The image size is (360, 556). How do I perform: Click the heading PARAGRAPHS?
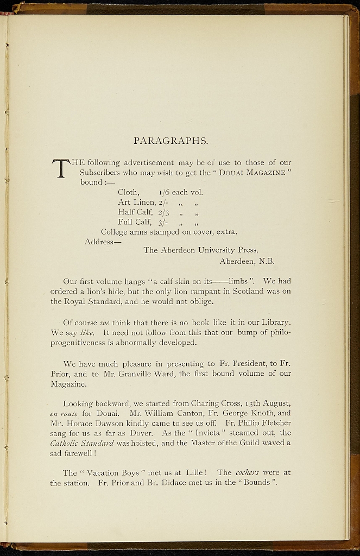point(170,141)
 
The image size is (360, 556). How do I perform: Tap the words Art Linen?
point(136,202)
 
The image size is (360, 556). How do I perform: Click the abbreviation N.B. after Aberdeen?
point(266,261)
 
